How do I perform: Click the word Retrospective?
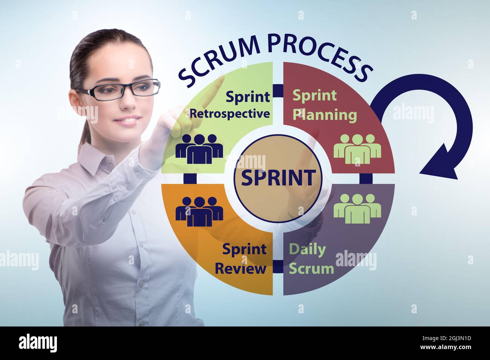click(x=230, y=113)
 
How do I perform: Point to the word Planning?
click(x=325, y=114)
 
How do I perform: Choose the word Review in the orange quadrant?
click(x=240, y=268)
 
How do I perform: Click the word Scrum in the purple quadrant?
click(x=311, y=268)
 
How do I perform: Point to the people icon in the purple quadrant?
click(x=357, y=208)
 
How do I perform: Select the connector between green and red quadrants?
click(x=278, y=91)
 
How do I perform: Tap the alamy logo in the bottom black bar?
click(x=38, y=343)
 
